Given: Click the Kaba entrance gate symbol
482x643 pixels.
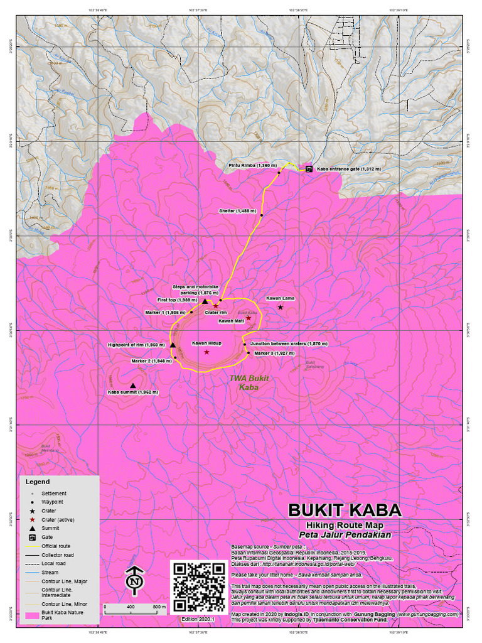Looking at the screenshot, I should (x=309, y=169).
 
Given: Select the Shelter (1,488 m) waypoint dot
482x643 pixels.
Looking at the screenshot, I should (x=262, y=215).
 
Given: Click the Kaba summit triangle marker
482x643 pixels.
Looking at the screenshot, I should (x=133, y=386).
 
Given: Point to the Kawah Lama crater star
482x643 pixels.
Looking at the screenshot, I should (x=281, y=307).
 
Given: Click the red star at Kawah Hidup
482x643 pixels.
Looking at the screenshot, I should (x=206, y=352).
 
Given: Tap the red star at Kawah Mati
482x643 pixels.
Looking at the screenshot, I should (x=249, y=318).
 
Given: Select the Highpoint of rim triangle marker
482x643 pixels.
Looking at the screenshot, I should (x=173, y=345).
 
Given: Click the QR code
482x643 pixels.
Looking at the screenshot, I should (x=198, y=587).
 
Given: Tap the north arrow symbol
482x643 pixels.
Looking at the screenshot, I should (x=134, y=580).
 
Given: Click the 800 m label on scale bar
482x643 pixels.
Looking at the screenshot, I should (x=158, y=607).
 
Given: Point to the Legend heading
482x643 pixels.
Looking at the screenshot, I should (x=38, y=482).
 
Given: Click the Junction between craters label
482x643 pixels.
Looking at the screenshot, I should (x=289, y=344).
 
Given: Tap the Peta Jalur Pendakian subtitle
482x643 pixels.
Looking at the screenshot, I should (x=345, y=535).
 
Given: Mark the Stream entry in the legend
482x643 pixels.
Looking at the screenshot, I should (x=50, y=573).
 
